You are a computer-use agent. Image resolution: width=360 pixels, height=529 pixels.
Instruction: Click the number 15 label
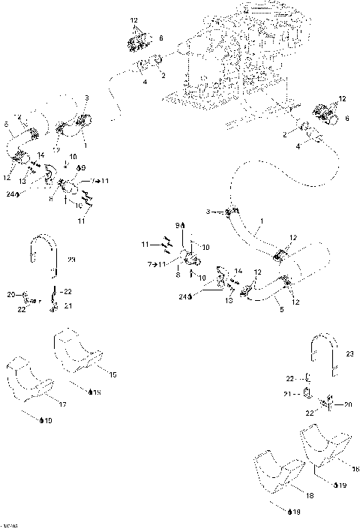coord(112,374)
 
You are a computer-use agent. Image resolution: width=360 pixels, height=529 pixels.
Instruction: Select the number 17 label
coord(62,404)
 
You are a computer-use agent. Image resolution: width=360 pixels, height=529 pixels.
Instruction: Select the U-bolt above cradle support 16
coord(322,356)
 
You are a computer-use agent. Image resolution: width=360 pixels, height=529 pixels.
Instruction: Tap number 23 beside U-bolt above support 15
coord(71,260)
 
